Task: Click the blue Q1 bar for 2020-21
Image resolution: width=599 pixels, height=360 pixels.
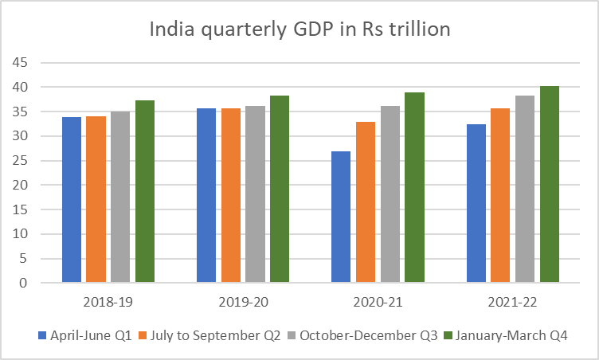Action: pyautogui.click(x=341, y=217)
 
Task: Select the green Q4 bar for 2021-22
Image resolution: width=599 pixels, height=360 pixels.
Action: pyautogui.click(x=550, y=184)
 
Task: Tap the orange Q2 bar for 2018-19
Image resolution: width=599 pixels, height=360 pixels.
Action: pyautogui.click(x=96, y=199)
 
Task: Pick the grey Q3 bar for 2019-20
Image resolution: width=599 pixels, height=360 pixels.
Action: pyautogui.click(x=255, y=194)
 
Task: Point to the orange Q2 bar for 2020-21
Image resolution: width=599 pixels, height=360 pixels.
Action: pyautogui.click(x=366, y=202)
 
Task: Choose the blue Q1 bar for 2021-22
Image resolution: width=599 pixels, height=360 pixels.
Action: pyautogui.click(x=476, y=203)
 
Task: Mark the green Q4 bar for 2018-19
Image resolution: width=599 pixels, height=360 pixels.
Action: pyautogui.click(x=145, y=191)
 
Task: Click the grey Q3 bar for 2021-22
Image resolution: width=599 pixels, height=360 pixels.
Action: pyautogui.click(x=525, y=190)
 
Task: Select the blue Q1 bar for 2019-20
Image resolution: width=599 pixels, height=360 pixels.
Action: pyautogui.click(x=206, y=195)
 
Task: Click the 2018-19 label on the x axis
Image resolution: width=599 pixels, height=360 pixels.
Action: pyautogui.click(x=108, y=303)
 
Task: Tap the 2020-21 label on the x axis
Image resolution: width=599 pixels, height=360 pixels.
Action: pyautogui.click(x=378, y=303)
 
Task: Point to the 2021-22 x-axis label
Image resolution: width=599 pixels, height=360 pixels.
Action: pyautogui.click(x=512, y=303)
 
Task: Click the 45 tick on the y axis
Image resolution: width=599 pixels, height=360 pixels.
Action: pyautogui.click(x=20, y=62)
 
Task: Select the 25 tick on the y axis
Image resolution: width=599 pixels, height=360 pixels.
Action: pyautogui.click(x=20, y=161)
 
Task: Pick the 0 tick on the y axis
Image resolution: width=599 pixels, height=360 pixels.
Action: pyautogui.click(x=24, y=284)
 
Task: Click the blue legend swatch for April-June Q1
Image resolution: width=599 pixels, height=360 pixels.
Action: pyautogui.click(x=42, y=335)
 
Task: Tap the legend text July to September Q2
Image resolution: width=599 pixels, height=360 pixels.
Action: pyautogui.click(x=215, y=335)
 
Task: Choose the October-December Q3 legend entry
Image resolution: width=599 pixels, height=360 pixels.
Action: pyautogui.click(x=362, y=335)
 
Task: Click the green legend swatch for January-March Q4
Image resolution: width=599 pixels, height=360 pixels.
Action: pyautogui.click(x=448, y=335)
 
